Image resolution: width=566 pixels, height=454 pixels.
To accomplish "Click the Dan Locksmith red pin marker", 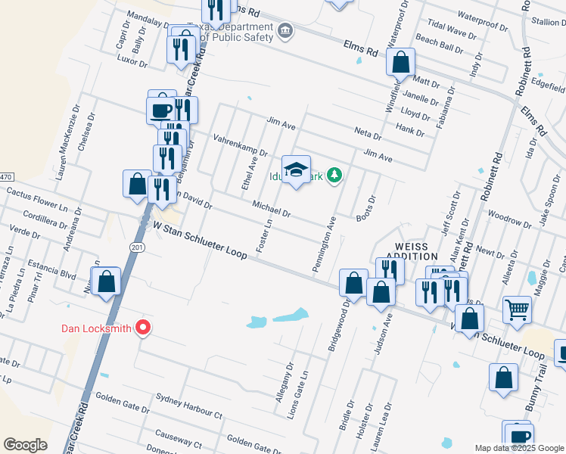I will point(142,328).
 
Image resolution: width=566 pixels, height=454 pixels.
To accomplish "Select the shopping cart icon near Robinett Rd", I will point(518,309).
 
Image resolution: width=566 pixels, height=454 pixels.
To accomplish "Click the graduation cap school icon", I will point(297,169).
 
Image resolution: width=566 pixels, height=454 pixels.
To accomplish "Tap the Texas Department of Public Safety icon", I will point(285,31).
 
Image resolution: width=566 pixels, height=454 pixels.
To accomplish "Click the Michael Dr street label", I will point(272,208).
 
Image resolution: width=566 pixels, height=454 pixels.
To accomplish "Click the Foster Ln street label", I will point(264,236).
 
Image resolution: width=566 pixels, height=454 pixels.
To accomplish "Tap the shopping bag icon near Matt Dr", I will point(400,62).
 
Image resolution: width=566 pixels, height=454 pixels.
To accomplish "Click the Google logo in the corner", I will point(25,445).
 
